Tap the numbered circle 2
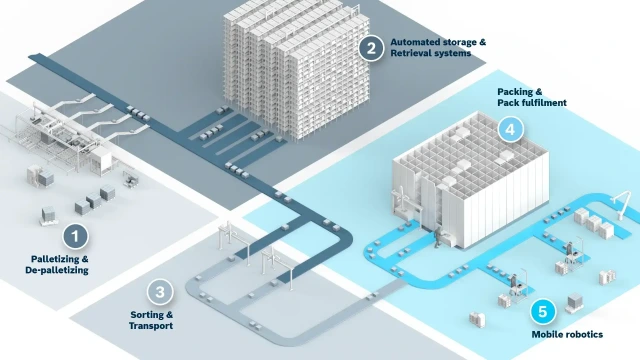click(x=371, y=47)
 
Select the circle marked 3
click(x=159, y=292)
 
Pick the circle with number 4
click(x=510, y=129)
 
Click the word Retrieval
click(x=411, y=54)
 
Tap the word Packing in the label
click(x=514, y=92)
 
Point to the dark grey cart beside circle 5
click(x=576, y=303)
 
